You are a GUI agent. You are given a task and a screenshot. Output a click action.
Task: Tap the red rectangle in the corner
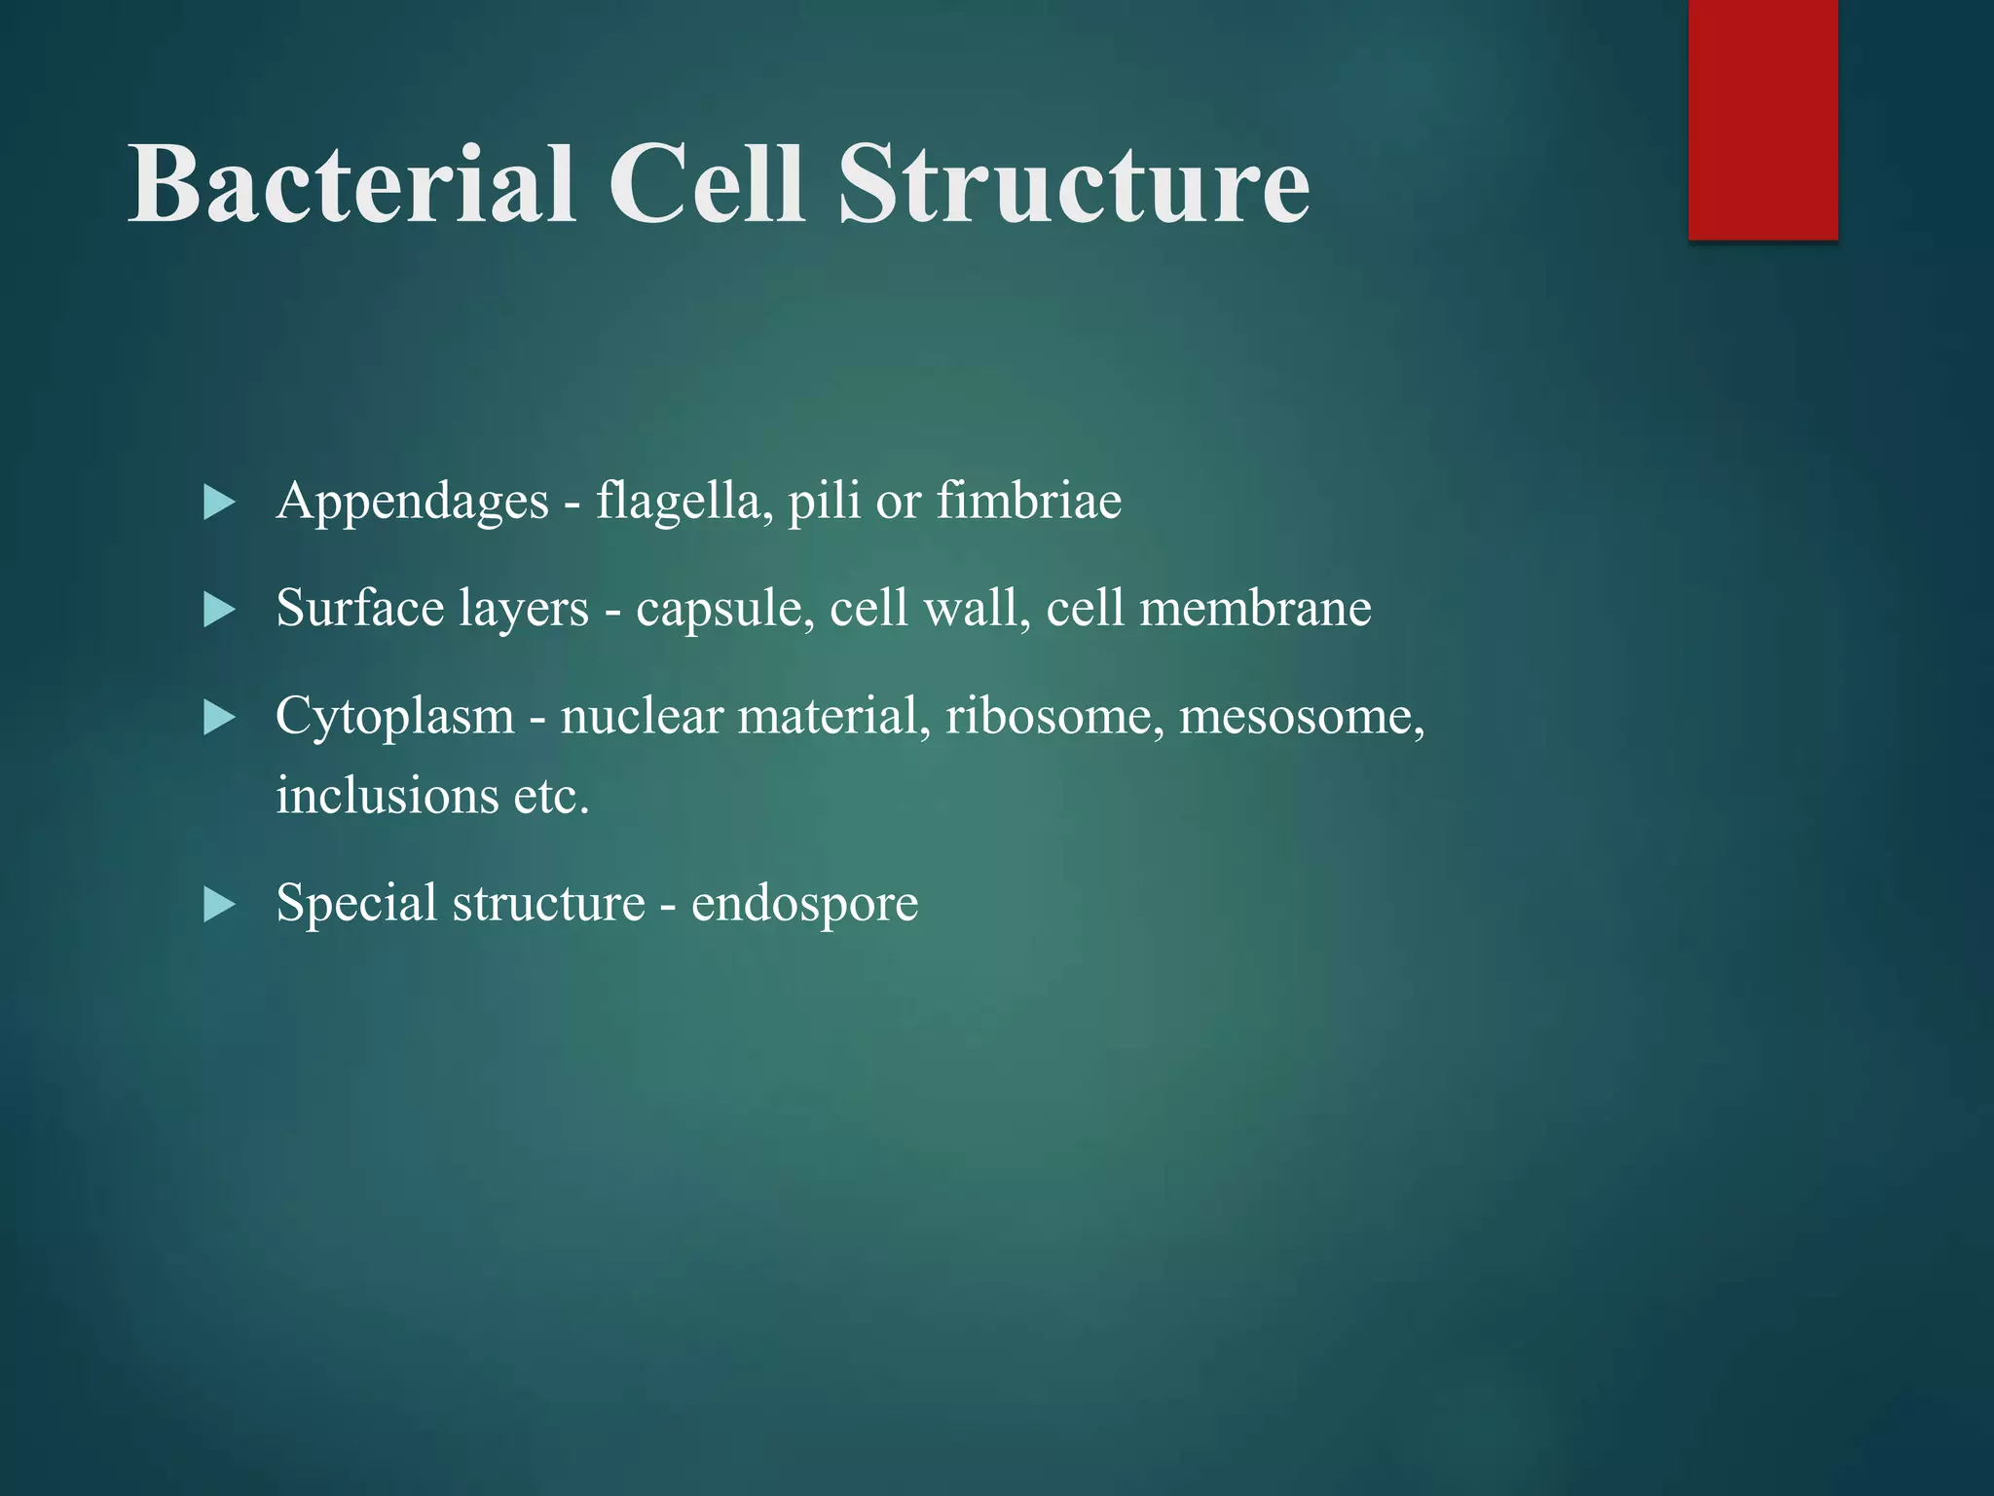click(x=1762, y=119)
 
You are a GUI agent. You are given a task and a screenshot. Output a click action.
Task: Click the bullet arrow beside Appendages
click(x=220, y=503)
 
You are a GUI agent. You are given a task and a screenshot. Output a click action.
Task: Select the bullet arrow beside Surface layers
click(x=220, y=611)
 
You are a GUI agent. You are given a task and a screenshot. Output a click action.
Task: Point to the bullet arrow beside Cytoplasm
click(x=220, y=719)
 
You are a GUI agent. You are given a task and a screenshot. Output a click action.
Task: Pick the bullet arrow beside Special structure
click(x=220, y=905)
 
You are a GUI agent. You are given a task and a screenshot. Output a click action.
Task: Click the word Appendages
click(x=413, y=503)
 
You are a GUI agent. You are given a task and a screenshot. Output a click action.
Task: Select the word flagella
click(x=679, y=501)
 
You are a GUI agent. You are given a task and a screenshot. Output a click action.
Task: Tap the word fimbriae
click(x=1029, y=501)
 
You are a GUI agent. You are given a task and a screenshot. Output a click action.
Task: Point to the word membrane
click(x=1255, y=609)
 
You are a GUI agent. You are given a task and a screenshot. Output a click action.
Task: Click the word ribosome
click(x=1054, y=717)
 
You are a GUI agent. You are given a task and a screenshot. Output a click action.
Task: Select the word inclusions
click(x=388, y=795)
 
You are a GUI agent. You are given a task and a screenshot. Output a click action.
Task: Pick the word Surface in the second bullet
click(x=360, y=609)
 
